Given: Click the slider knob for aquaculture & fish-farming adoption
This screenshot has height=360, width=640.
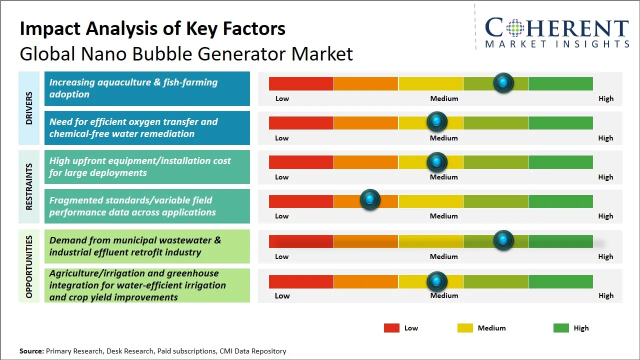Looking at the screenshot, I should point(503,82).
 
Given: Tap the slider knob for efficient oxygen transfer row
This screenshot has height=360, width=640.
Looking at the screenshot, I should point(437,121).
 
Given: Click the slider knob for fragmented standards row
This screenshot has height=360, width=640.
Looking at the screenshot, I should point(370,200).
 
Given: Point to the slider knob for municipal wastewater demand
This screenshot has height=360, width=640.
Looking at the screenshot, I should point(503,240).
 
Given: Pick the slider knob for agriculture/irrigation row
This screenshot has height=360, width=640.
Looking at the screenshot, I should point(437,281).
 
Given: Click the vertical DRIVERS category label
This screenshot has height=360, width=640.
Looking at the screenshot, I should point(29,108).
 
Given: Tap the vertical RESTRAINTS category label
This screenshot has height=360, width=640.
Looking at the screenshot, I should point(29,186).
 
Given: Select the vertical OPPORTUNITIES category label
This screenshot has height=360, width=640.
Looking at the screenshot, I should point(29,266).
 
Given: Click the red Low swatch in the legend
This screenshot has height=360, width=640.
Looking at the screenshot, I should point(391,328).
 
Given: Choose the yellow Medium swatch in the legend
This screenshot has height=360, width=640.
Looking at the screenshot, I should point(465,328).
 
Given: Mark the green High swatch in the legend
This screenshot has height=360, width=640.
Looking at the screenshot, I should point(561,328).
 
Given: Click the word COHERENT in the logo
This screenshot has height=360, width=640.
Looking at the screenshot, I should point(557,28).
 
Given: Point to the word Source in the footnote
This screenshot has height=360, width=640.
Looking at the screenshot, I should point(31,351).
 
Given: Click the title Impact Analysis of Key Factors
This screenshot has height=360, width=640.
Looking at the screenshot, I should point(152,28).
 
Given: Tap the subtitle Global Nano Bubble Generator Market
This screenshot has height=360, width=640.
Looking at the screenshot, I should point(186,53).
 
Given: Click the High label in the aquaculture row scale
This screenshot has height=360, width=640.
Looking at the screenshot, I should point(605,98).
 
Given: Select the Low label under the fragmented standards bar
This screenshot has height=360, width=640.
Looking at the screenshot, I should point(282,216).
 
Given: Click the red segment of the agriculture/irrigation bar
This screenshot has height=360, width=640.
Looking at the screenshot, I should point(301,281).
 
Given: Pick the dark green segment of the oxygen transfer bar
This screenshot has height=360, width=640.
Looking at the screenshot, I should point(560,122).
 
